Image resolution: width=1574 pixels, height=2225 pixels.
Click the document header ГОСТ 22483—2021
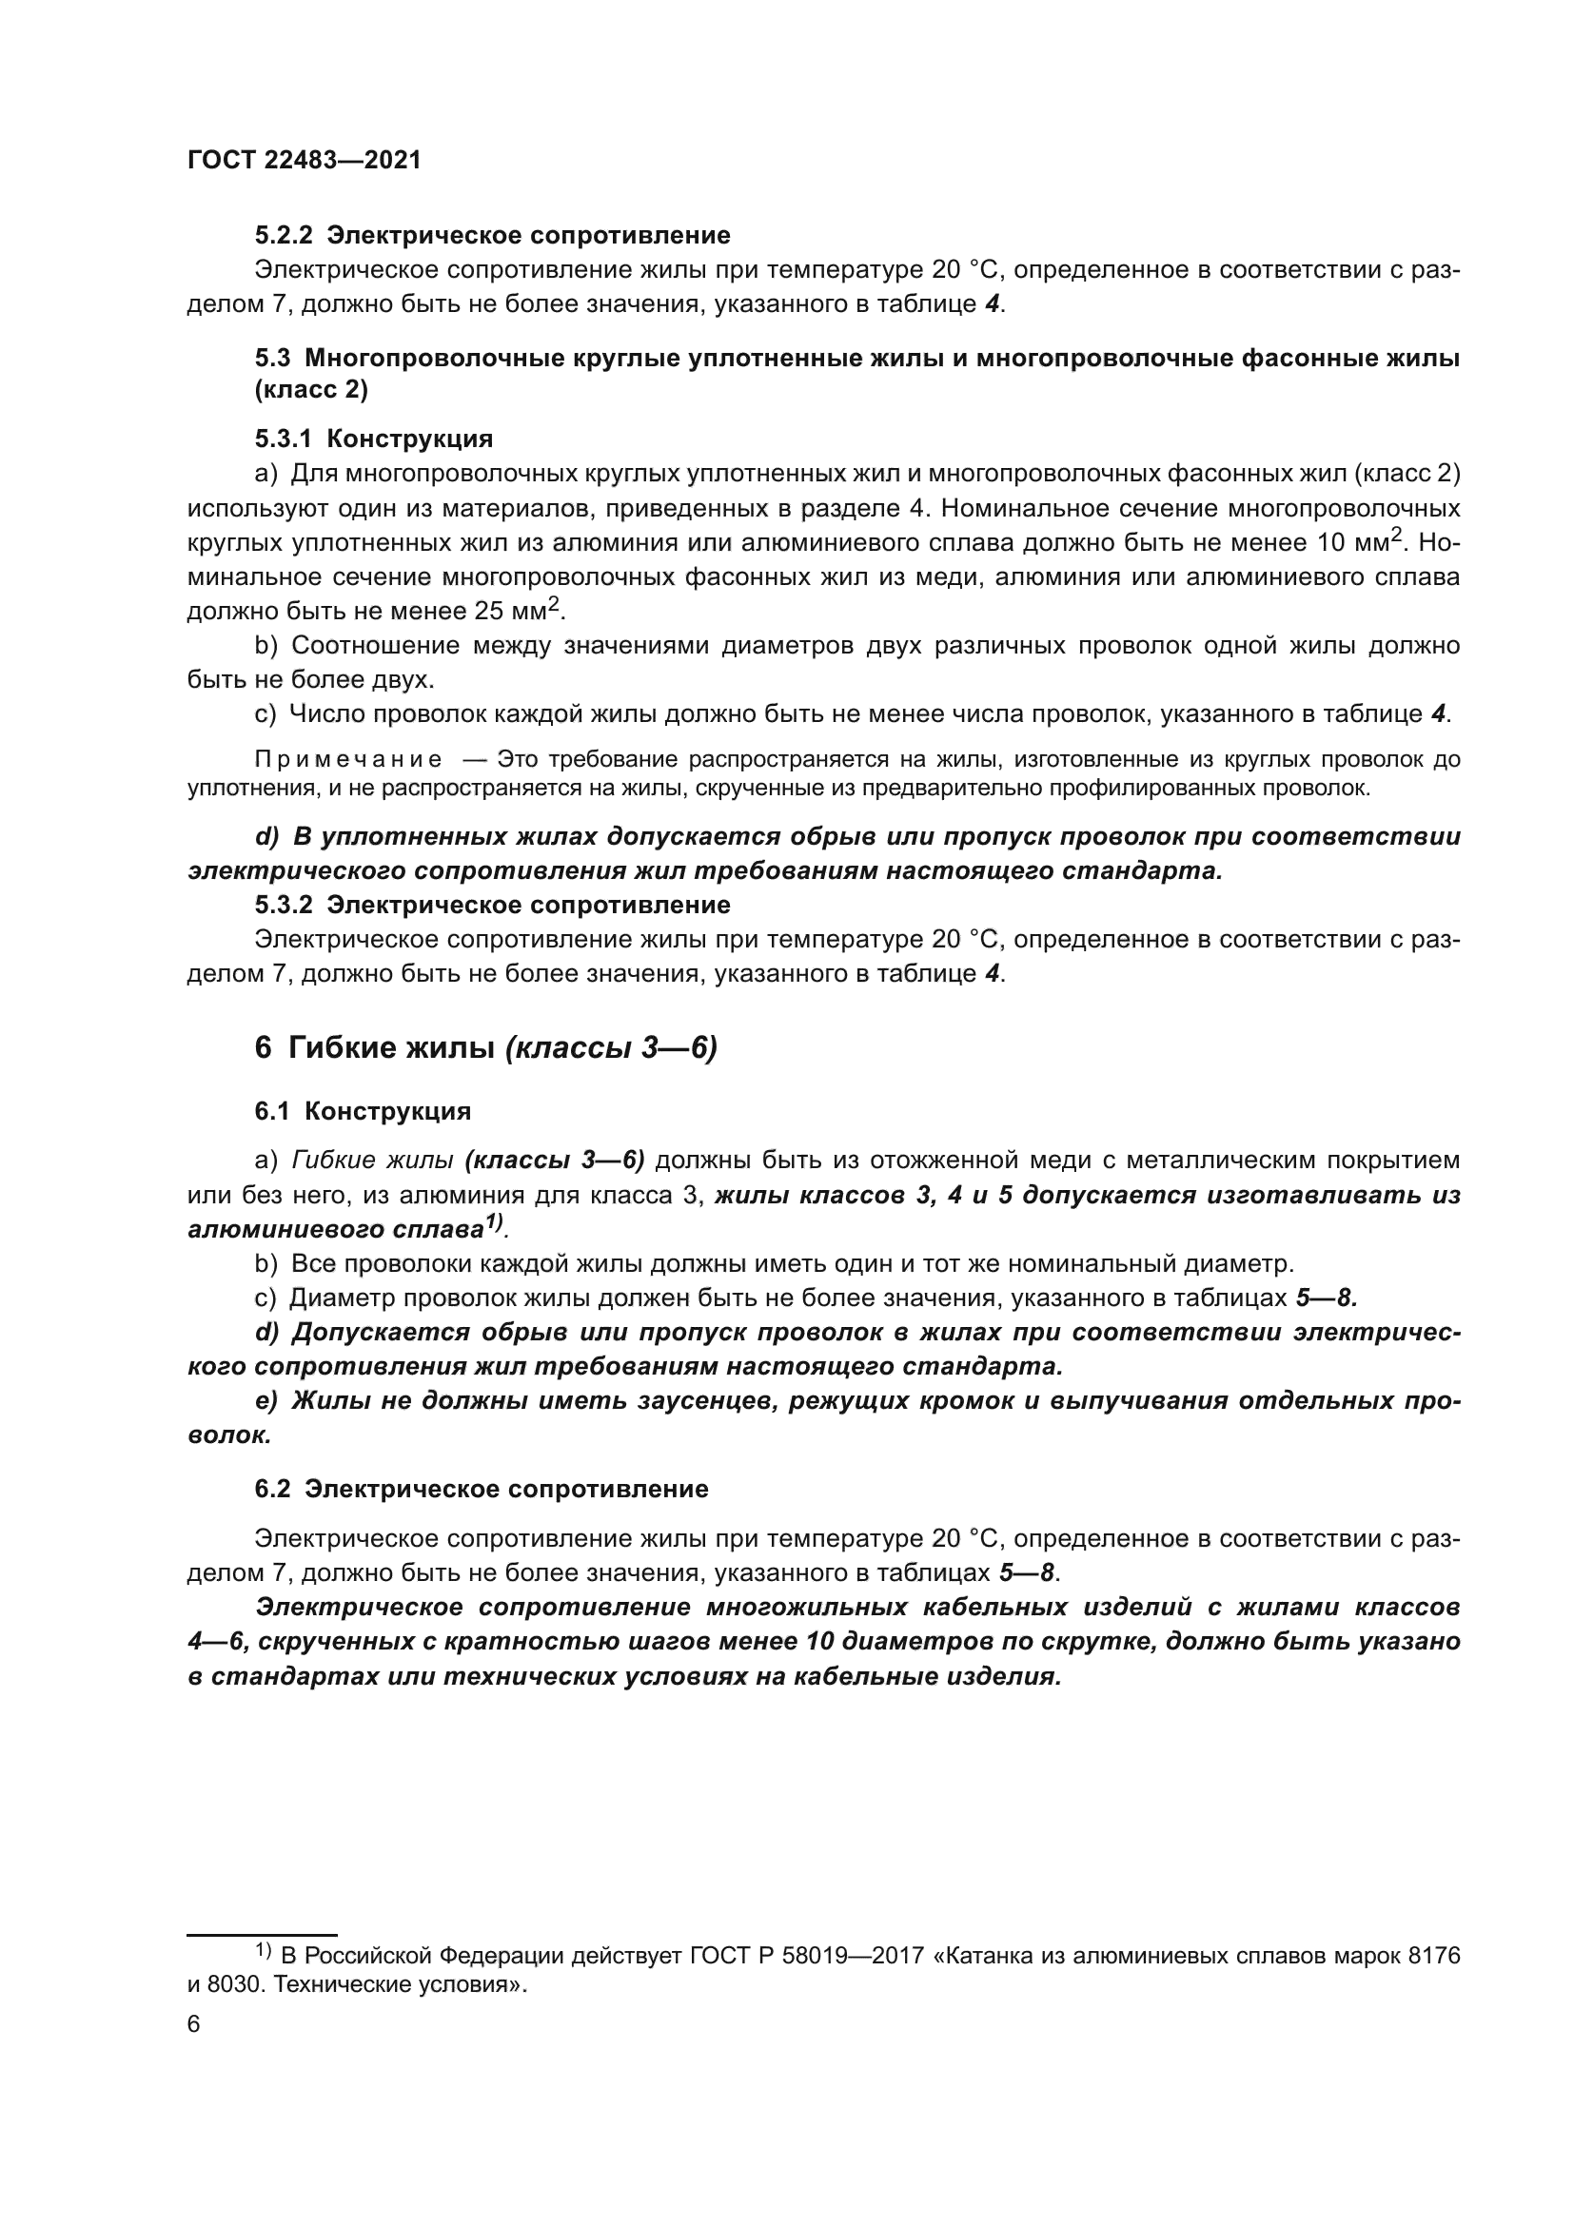coord(304,161)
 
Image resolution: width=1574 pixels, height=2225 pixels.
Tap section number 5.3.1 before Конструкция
coord(283,439)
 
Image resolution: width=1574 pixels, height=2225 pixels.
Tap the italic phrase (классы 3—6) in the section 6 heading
coord(612,1047)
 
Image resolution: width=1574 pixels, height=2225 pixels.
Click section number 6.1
coord(272,1111)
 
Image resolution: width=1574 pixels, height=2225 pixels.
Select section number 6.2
coord(272,1489)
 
